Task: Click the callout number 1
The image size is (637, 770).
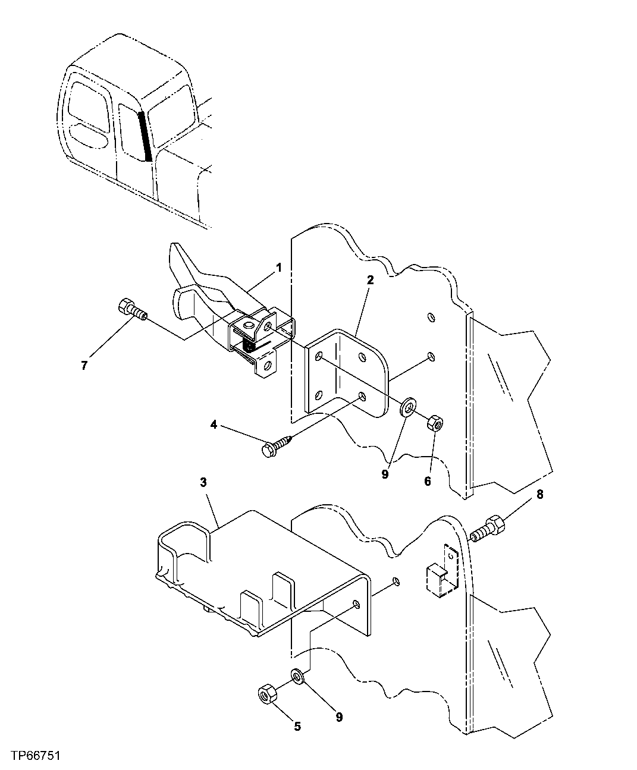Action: [279, 268]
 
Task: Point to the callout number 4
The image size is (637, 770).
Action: [213, 425]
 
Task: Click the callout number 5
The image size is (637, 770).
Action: [297, 725]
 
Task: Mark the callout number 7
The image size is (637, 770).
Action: [84, 366]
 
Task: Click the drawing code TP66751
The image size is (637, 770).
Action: [33, 756]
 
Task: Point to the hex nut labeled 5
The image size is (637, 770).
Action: [266, 694]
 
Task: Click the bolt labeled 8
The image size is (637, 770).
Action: [488, 527]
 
